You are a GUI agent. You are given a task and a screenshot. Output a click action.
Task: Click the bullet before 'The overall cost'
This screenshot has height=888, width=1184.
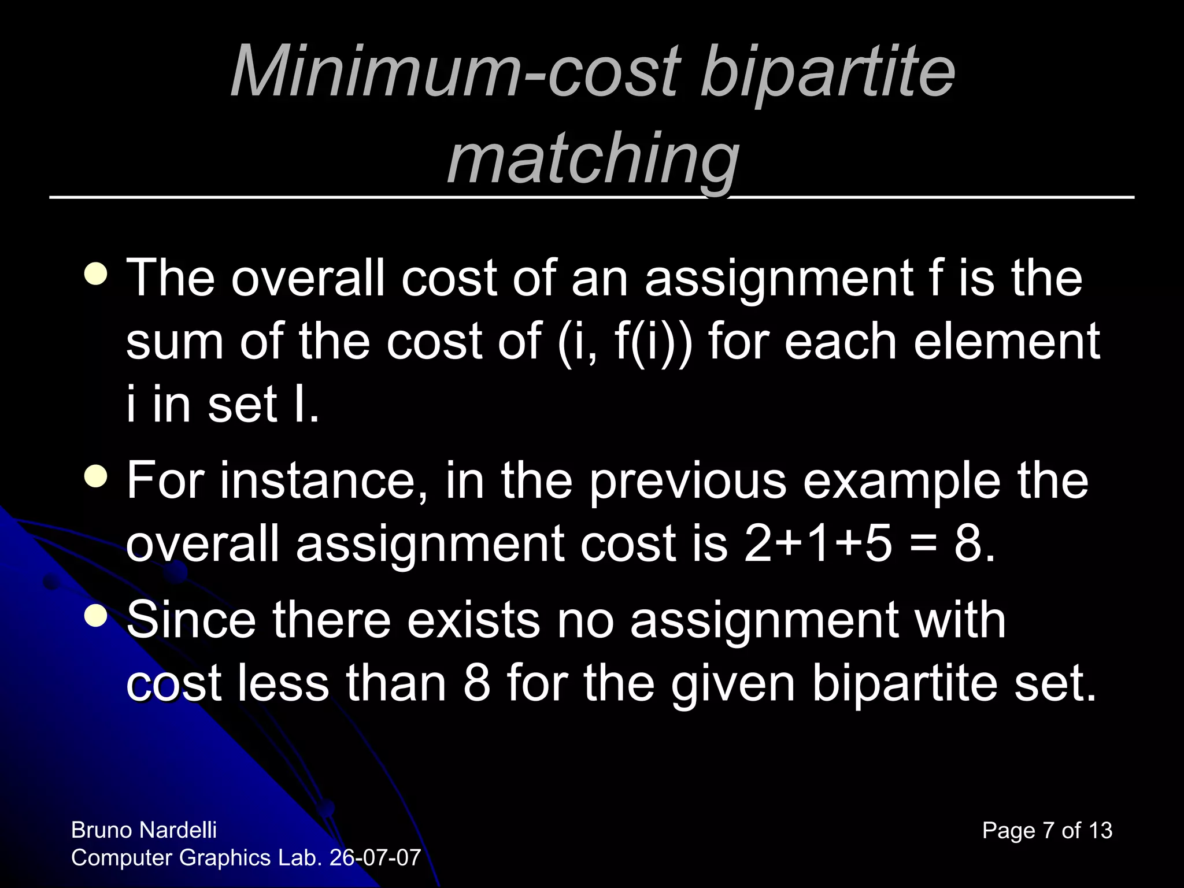click(x=95, y=274)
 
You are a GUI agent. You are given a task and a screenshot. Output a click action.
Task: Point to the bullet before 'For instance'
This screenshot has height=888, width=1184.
click(x=95, y=477)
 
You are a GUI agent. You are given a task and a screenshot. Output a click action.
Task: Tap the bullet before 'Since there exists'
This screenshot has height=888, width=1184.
click(x=95, y=616)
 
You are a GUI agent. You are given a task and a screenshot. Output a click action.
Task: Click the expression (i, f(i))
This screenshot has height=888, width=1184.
click(x=624, y=342)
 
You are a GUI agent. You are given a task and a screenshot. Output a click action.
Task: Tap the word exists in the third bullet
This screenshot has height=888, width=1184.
click(x=473, y=620)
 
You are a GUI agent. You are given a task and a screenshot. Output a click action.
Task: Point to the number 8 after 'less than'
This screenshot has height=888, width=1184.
click(x=477, y=684)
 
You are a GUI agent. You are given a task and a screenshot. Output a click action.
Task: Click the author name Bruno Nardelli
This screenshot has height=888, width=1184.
click(x=144, y=830)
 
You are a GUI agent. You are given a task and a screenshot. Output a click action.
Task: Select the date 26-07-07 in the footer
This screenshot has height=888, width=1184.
click(x=375, y=858)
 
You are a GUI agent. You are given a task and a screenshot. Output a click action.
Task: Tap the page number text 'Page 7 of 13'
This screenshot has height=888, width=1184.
click(x=1047, y=831)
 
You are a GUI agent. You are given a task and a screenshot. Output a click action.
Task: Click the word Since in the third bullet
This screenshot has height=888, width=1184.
click(x=191, y=620)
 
